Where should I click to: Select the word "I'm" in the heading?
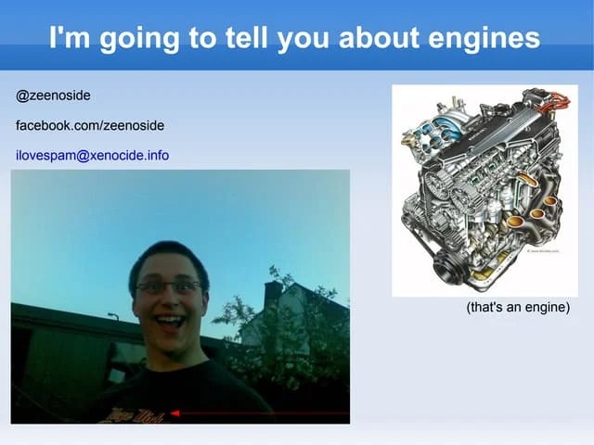[x=70, y=38]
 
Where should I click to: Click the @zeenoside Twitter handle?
[x=53, y=95]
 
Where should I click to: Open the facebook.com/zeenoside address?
[x=90, y=125]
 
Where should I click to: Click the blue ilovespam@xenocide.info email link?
[x=92, y=155]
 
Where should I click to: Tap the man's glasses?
[x=168, y=287]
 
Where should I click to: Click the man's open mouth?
[x=169, y=322]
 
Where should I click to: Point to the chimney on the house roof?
[x=272, y=295]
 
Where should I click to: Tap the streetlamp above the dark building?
[x=112, y=316]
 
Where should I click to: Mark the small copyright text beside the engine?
[x=544, y=250]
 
